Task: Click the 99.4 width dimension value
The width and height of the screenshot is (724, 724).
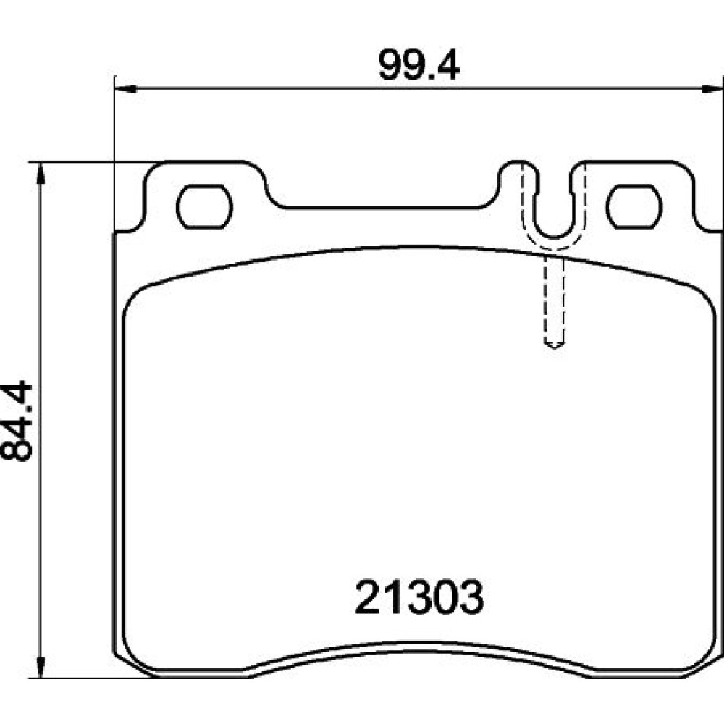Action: (x=418, y=64)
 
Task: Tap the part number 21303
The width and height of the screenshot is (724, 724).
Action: (x=419, y=597)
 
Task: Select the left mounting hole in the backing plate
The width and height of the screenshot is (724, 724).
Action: (x=204, y=207)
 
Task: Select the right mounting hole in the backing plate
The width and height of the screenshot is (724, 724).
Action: (x=634, y=207)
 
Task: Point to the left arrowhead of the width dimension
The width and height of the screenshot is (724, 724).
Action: (x=125, y=88)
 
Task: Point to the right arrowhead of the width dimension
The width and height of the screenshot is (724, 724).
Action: (x=712, y=88)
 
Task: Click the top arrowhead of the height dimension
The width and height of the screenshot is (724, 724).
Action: (x=41, y=174)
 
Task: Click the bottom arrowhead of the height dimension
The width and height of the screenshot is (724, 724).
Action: (x=41, y=667)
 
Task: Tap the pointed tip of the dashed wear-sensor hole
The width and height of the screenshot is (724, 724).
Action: (x=554, y=348)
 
